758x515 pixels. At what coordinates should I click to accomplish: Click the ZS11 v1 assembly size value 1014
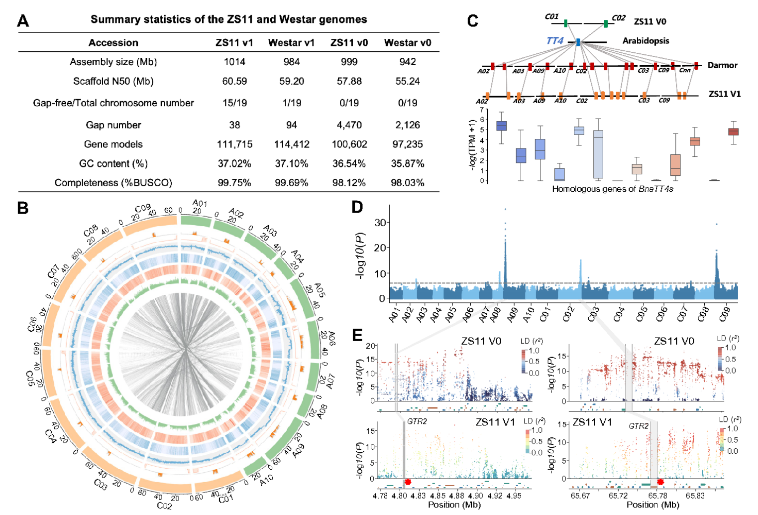pos(234,62)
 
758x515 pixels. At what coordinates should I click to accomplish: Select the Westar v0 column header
pos(407,43)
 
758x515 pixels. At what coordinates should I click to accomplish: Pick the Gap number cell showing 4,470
pos(349,125)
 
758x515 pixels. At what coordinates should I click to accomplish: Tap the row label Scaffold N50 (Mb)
pos(113,81)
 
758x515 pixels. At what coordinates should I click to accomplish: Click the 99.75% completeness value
pos(234,183)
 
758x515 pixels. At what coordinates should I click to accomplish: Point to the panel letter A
pos(23,21)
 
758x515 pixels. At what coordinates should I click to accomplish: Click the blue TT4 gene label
pos(555,41)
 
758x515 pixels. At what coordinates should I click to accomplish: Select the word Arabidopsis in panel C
pos(646,41)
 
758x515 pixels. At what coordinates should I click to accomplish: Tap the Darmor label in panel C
pos(722,65)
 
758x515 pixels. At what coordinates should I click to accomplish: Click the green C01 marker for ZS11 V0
pos(566,23)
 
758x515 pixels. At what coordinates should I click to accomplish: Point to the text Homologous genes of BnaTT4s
pos(612,189)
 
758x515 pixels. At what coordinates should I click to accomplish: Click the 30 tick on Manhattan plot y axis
pos(380,222)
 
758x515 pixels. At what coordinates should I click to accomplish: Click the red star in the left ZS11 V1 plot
pos(408,482)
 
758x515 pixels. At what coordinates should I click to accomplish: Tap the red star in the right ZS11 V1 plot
pos(660,482)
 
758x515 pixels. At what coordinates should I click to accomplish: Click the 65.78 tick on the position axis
pos(657,496)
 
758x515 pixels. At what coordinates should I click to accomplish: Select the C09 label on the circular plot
pos(143,208)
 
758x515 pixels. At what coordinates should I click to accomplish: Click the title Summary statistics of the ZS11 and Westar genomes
pos(228,19)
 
